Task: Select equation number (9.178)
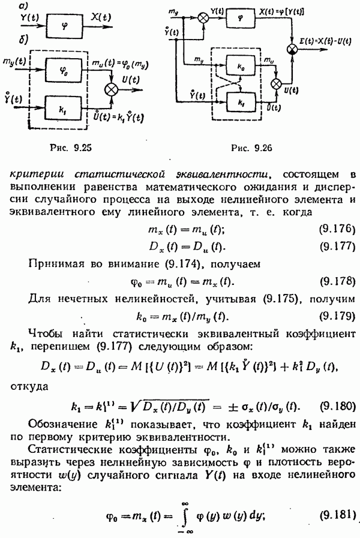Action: coord(335,281)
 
